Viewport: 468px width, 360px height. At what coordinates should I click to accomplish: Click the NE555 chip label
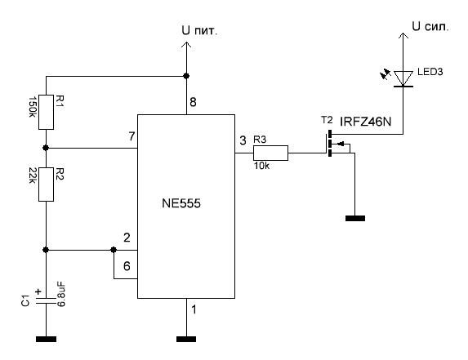[x=181, y=203]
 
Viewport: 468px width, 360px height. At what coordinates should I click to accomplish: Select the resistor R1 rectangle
[x=47, y=112]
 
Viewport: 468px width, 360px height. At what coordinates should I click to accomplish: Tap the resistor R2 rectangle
[x=47, y=184]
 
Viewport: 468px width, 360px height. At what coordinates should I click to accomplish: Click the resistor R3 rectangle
[x=270, y=153]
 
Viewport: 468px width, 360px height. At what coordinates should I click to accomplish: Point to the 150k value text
[x=32, y=107]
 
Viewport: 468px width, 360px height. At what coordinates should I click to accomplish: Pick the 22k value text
[x=32, y=176]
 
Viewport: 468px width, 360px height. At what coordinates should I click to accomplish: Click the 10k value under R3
[x=261, y=166]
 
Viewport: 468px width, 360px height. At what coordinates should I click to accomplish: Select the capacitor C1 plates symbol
[x=47, y=300]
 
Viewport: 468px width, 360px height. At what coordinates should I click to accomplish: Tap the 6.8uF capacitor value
[x=61, y=294]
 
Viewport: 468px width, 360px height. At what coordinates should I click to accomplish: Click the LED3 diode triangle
[x=403, y=78]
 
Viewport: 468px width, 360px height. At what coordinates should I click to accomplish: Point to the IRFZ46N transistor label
[x=366, y=122]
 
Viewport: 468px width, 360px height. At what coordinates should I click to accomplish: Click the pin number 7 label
[x=132, y=136]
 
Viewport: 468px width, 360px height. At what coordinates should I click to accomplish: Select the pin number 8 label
[x=193, y=102]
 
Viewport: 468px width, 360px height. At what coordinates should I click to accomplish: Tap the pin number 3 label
[x=243, y=140]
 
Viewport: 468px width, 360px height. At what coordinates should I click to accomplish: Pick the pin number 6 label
[x=127, y=266]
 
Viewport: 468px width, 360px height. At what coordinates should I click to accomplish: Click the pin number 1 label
[x=194, y=309]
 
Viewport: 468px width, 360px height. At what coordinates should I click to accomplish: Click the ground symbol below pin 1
[x=186, y=339]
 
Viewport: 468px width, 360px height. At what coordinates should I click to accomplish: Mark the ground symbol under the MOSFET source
[x=355, y=218]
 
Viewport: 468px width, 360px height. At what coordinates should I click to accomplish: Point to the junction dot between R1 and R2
[x=46, y=148]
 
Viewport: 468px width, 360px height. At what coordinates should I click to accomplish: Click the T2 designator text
[x=327, y=120]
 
